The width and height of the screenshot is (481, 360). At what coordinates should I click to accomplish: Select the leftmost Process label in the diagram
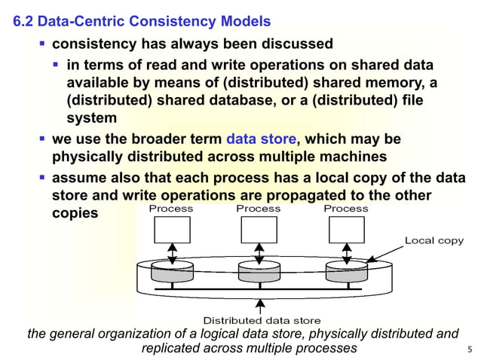[x=171, y=209]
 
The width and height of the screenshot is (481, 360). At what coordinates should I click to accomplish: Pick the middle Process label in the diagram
[x=259, y=209]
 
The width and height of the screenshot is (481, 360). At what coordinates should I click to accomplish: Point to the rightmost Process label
[x=346, y=209]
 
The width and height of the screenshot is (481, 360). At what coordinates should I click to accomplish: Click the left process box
[x=172, y=230]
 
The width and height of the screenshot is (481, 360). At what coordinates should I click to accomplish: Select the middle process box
[x=259, y=230]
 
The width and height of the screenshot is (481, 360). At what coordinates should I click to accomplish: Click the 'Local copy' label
[x=434, y=240]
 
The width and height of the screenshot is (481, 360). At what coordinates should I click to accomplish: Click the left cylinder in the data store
[x=172, y=272]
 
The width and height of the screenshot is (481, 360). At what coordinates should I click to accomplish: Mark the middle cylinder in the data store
[x=259, y=272]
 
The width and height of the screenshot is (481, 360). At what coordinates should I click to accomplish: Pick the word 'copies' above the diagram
[x=75, y=213]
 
